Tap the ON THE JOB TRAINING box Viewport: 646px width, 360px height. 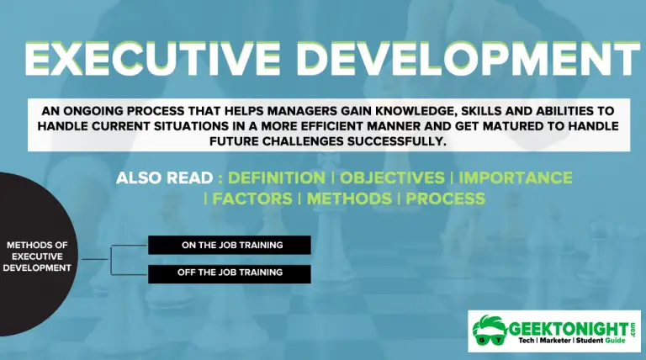coord(230,245)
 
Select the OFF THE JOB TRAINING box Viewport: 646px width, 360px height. coord(230,273)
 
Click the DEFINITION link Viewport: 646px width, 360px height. coord(277,178)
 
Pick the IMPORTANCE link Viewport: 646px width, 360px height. coord(515,178)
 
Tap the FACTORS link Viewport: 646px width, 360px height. coord(252,199)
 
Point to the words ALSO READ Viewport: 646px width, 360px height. coord(164,178)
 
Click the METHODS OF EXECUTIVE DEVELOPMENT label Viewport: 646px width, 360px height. coord(37,257)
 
